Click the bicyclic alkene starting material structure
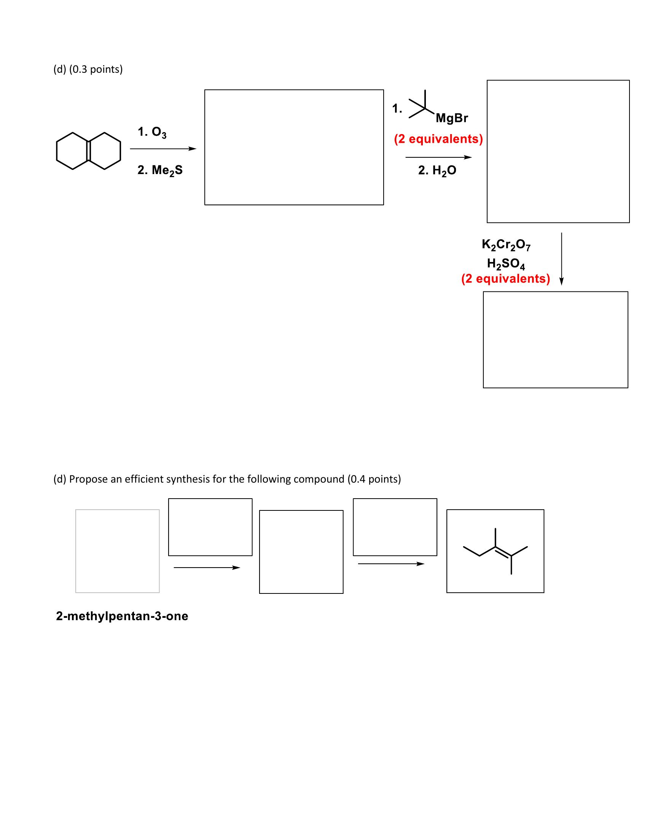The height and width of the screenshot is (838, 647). point(89,151)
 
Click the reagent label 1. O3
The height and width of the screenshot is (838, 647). point(152,132)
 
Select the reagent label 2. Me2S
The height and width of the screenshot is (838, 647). point(160,170)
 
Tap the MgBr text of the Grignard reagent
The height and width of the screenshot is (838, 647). point(451,118)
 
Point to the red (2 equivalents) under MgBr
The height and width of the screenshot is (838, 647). point(438,139)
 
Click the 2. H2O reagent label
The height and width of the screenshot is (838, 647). point(437,170)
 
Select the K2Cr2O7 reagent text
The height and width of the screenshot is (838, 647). point(506,245)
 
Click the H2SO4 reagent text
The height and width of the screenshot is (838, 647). point(506,264)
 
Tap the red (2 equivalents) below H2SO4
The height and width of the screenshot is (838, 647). point(505,278)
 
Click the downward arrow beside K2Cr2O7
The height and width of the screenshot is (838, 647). point(561,259)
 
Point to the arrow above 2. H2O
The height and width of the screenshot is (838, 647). point(438,157)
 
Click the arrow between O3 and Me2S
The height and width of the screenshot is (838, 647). point(163,149)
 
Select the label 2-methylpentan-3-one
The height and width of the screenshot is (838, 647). point(122,616)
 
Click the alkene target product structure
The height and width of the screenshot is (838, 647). point(496,551)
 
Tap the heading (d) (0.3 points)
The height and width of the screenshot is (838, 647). point(88,69)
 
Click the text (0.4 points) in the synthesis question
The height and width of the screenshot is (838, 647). point(374,479)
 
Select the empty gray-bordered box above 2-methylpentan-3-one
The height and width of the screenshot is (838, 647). point(118,551)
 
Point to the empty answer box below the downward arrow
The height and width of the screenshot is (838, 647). point(555,339)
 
